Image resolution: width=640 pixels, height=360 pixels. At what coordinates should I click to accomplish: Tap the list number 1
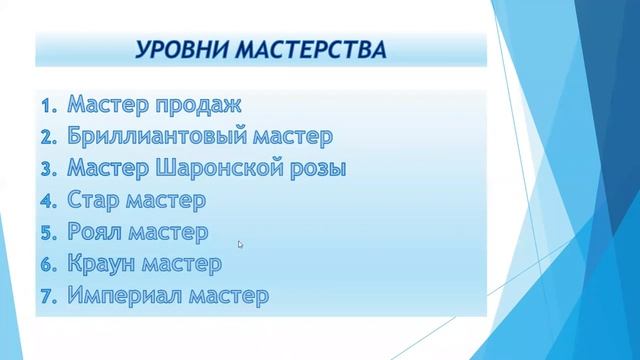coord(50,104)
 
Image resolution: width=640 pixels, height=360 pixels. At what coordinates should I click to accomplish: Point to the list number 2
coord(50,136)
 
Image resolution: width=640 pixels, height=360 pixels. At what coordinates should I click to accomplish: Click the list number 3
coord(50,169)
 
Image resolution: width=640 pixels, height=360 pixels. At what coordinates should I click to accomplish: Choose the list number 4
coord(50,201)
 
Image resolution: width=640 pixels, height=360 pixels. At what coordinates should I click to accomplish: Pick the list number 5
coord(50,233)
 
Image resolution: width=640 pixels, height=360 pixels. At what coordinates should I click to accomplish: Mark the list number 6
coord(50,265)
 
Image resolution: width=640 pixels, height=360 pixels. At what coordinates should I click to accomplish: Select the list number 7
coord(50,297)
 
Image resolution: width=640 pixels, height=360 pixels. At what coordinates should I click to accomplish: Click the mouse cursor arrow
coord(240,244)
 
